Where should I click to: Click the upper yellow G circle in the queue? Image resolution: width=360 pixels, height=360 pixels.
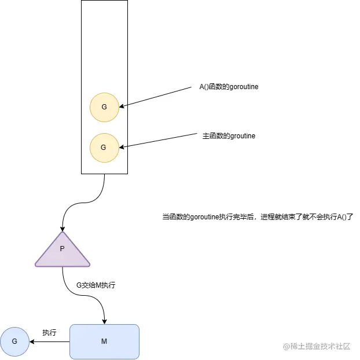pos(104,107)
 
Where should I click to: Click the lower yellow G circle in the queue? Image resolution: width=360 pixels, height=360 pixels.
pos(104,148)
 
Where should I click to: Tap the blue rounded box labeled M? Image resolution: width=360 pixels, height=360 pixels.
pos(104,341)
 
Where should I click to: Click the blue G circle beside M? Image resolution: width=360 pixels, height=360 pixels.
pos(14,341)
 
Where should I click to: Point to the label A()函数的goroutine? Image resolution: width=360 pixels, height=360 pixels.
pos(225,87)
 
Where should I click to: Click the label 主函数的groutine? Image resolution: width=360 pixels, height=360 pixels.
pos(229,136)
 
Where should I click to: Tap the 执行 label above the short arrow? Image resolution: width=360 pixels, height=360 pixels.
pos(49,333)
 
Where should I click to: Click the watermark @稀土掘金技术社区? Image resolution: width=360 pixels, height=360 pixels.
pos(317,346)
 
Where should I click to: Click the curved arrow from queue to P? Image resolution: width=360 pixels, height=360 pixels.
pos(81,203)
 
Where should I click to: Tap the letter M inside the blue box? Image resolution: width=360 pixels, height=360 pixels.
pos(104,341)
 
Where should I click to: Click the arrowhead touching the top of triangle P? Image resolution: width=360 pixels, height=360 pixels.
pos(63,229)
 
